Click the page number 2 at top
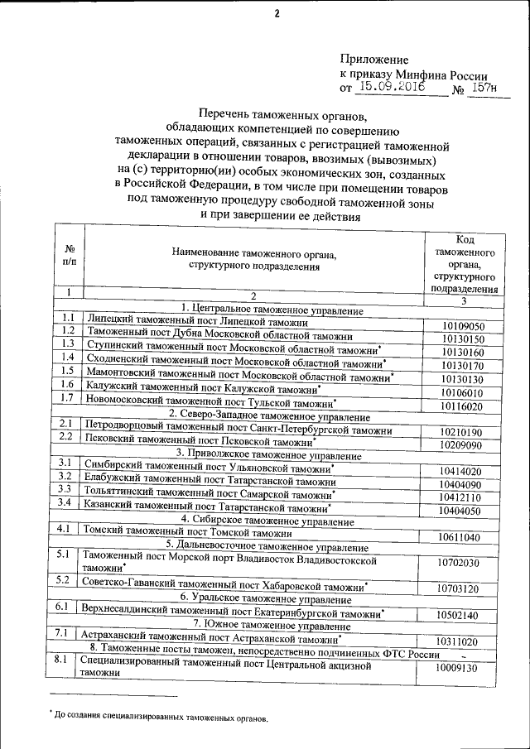277,13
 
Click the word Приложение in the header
374,60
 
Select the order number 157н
482,87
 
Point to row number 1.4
68,357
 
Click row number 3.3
68,491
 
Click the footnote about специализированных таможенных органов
161,718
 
